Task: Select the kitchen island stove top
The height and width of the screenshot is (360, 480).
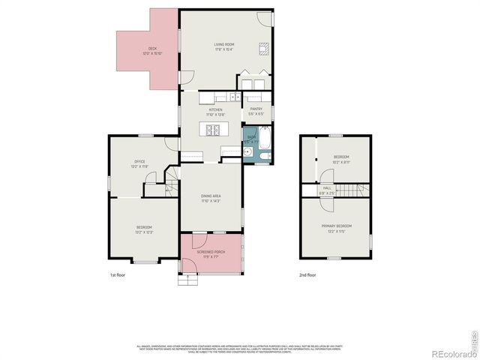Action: click(212, 129)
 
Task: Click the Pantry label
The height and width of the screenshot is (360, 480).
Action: click(256, 108)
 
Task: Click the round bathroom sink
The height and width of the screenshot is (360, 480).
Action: click(247, 151)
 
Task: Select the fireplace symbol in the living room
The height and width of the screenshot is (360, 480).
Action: click(263, 50)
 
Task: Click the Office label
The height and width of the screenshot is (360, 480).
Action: click(139, 161)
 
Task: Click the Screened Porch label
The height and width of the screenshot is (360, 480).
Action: click(211, 252)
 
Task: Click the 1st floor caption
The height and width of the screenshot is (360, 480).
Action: click(118, 275)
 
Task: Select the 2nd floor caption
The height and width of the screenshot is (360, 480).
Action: click(307, 275)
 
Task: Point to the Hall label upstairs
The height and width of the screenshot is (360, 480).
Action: click(327, 188)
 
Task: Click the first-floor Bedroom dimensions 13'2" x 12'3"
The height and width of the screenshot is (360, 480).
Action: click(144, 232)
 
